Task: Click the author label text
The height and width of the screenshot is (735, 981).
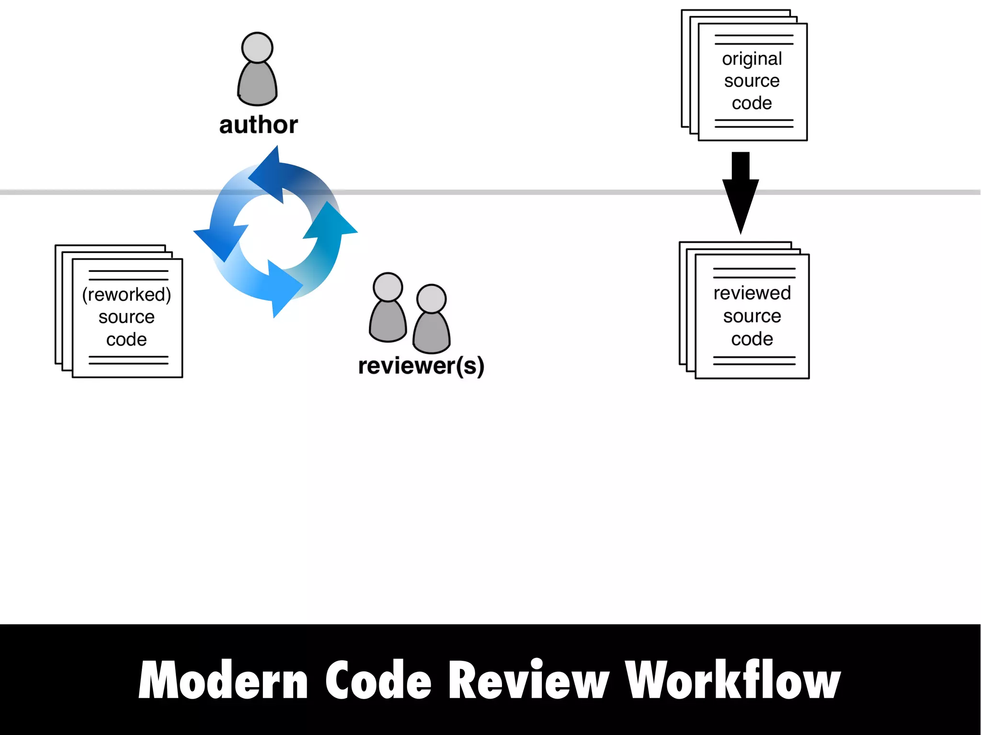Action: [258, 124]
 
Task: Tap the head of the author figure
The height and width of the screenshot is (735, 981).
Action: [257, 47]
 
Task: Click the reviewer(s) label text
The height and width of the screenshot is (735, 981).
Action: [421, 366]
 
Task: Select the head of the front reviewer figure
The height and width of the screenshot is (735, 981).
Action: [432, 299]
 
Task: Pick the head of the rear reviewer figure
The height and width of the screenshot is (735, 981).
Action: [388, 287]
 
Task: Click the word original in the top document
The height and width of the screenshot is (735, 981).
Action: [752, 59]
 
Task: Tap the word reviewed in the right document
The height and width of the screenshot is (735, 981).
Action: [752, 293]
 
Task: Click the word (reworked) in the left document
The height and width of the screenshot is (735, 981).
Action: [126, 294]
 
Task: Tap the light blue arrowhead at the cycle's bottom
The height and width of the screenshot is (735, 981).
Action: [283, 287]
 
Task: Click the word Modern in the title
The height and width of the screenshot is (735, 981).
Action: [223, 680]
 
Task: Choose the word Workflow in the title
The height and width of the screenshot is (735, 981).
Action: [732, 680]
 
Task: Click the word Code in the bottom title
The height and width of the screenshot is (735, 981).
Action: [378, 680]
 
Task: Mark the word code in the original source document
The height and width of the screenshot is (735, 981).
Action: [752, 103]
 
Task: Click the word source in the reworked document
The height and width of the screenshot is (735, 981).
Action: [126, 317]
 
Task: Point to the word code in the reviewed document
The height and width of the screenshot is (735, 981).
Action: [752, 339]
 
